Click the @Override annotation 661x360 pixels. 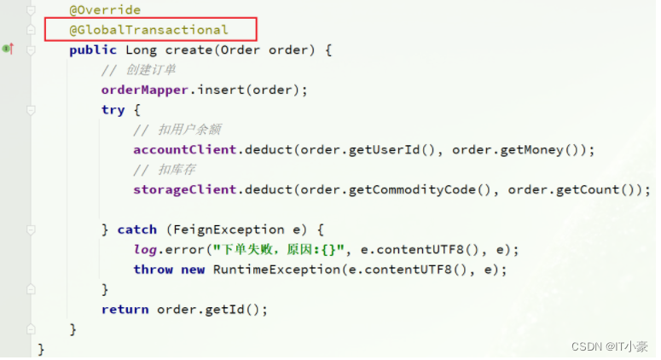point(105,10)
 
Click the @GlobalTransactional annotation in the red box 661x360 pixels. point(148,30)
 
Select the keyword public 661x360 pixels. point(93,49)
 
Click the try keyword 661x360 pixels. point(113,110)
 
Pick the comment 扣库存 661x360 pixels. point(170,170)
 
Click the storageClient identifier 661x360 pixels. point(184,189)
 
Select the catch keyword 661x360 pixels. point(136,229)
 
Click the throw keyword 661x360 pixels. point(153,269)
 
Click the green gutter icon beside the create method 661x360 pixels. point(8,49)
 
